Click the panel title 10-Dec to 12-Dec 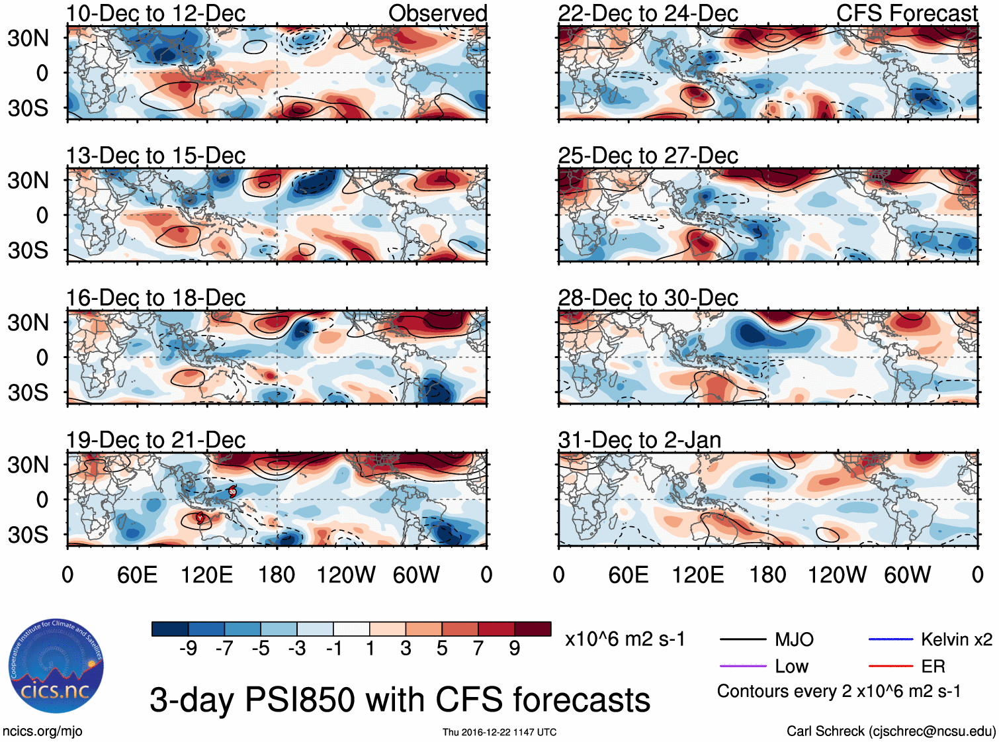[155, 13]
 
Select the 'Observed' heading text [437, 13]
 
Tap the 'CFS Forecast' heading [906, 13]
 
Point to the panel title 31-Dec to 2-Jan [639, 440]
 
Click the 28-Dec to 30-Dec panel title [648, 298]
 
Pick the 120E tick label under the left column [206, 575]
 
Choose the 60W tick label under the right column [907, 575]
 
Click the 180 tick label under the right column [767, 575]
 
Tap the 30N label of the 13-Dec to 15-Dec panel [28, 180]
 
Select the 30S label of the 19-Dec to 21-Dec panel [28, 534]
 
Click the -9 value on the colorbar [188, 649]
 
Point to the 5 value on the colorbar [442, 649]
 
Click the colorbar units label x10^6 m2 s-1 [625, 639]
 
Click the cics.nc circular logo [56, 667]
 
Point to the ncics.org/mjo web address [42, 731]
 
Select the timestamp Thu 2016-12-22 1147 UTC [499, 732]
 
